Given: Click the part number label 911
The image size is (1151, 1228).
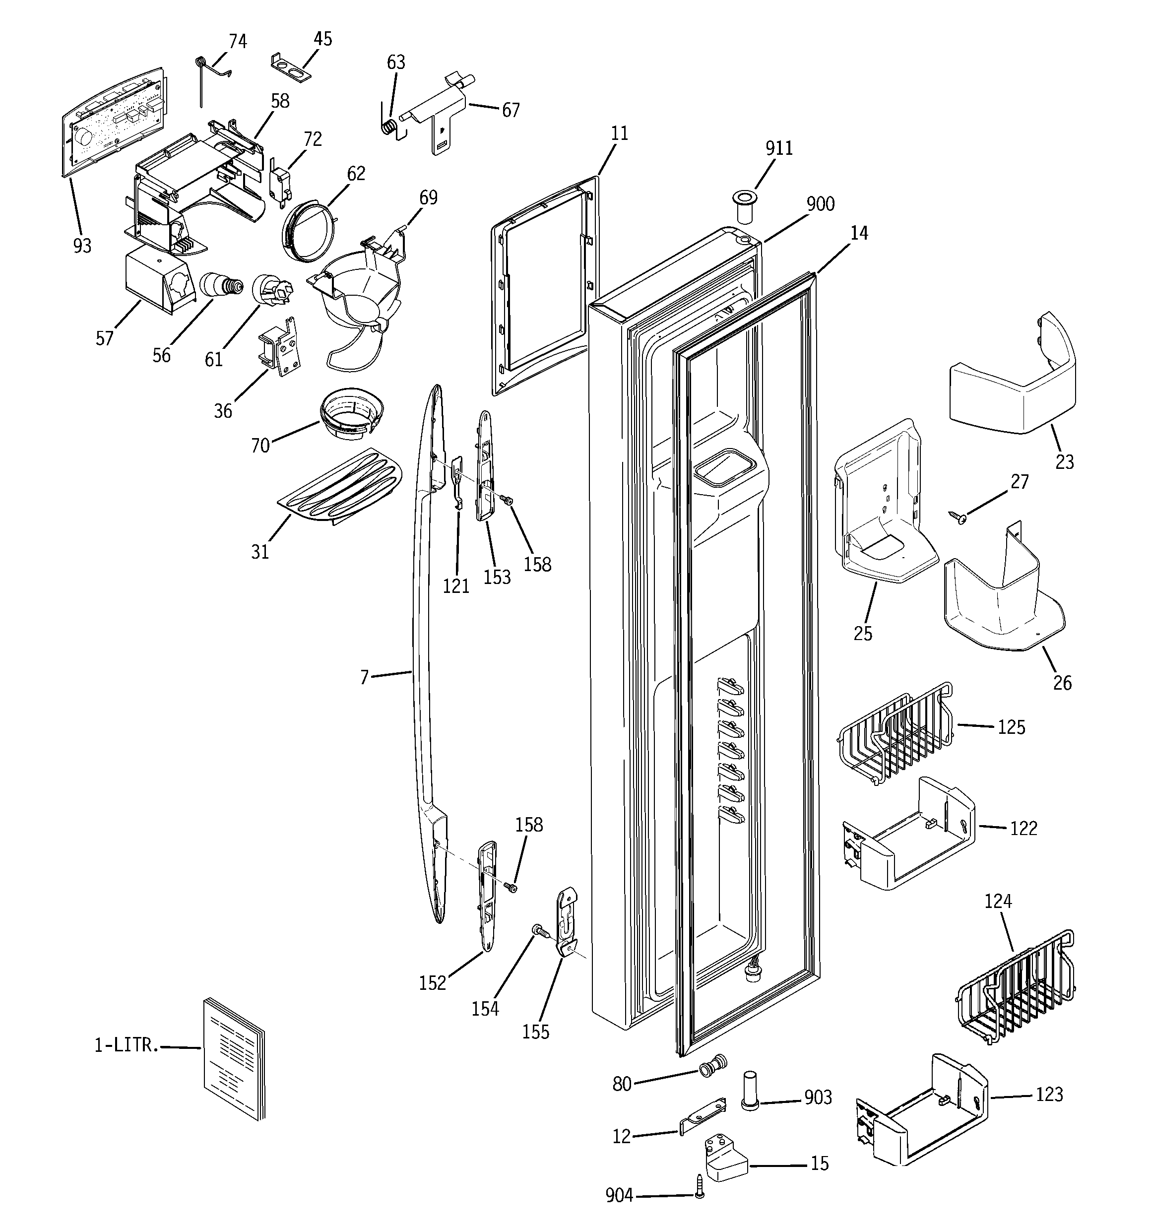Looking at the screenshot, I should [x=778, y=148].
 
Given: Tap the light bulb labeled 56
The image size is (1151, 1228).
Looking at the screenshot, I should [x=220, y=285].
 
